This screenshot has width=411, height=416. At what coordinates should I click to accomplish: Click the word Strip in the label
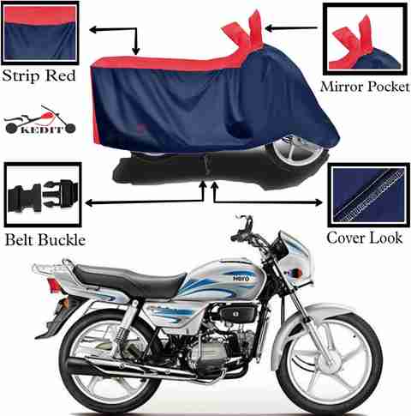tap(21, 75)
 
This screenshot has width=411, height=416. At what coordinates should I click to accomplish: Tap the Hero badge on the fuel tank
tap(241, 278)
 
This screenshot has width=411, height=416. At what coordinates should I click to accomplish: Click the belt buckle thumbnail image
tap(43, 195)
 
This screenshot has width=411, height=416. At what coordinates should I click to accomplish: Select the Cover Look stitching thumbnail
tap(369, 195)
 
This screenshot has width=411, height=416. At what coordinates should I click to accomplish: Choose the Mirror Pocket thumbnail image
tap(365, 39)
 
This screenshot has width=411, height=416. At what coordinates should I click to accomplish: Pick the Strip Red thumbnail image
tap(40, 33)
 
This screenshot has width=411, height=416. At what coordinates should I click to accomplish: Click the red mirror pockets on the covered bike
tap(245, 30)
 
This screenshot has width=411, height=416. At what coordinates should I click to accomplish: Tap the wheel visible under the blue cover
tap(297, 151)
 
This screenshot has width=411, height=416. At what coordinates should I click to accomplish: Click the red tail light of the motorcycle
tap(53, 285)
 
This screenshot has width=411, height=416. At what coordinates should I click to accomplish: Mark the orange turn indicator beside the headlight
tap(299, 273)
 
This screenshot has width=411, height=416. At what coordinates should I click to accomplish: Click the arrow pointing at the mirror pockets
tap(291, 28)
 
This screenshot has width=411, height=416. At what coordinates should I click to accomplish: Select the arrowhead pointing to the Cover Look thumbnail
tap(319, 202)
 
